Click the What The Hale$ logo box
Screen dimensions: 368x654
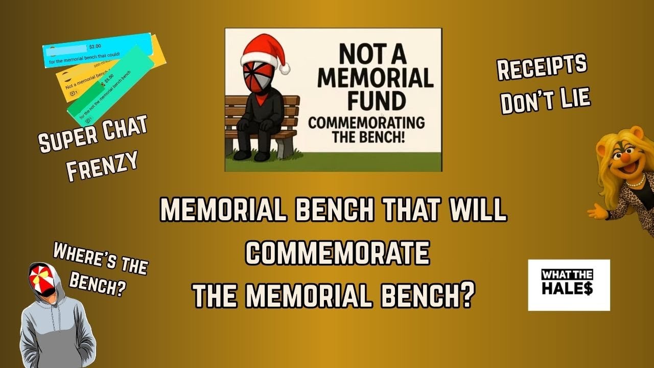[x=569, y=285]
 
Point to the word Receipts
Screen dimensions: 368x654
[x=542, y=68]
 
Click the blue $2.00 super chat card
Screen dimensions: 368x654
[x=97, y=50]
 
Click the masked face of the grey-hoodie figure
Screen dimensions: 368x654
[x=43, y=279]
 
